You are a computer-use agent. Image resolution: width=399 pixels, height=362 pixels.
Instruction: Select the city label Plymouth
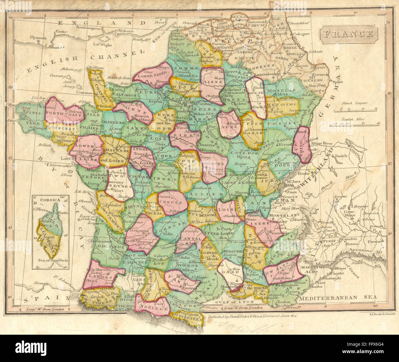(x=38, y=38)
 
